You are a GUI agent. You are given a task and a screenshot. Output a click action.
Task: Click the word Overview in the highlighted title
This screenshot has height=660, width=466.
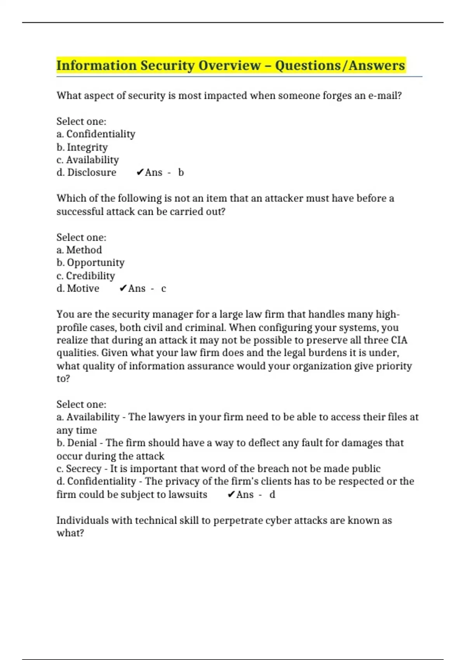(x=229, y=65)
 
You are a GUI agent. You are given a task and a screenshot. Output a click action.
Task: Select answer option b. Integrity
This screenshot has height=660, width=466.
(x=82, y=147)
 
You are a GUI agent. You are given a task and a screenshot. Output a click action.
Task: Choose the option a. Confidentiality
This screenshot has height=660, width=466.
(x=96, y=134)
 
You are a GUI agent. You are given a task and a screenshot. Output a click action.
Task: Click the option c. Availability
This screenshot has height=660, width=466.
(x=88, y=160)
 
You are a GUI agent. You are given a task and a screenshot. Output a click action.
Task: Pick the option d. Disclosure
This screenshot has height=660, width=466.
(x=86, y=172)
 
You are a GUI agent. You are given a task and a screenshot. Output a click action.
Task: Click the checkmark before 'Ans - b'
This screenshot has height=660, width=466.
(x=140, y=172)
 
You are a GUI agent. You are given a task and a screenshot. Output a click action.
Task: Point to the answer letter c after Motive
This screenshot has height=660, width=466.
(x=163, y=288)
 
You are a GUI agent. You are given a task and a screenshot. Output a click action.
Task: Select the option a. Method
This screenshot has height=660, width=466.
(x=79, y=250)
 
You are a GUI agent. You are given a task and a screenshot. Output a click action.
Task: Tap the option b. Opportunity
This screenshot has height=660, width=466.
(x=90, y=263)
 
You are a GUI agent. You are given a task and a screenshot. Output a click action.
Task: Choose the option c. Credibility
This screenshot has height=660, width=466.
(x=86, y=276)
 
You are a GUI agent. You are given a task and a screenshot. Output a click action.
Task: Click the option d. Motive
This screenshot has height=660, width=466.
(x=78, y=288)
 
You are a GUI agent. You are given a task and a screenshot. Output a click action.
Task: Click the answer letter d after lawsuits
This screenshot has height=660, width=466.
(x=272, y=495)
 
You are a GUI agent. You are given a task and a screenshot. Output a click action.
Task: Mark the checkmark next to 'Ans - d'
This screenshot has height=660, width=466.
(x=231, y=495)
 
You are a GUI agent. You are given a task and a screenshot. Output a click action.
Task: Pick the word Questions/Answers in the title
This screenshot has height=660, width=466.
(x=340, y=65)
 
